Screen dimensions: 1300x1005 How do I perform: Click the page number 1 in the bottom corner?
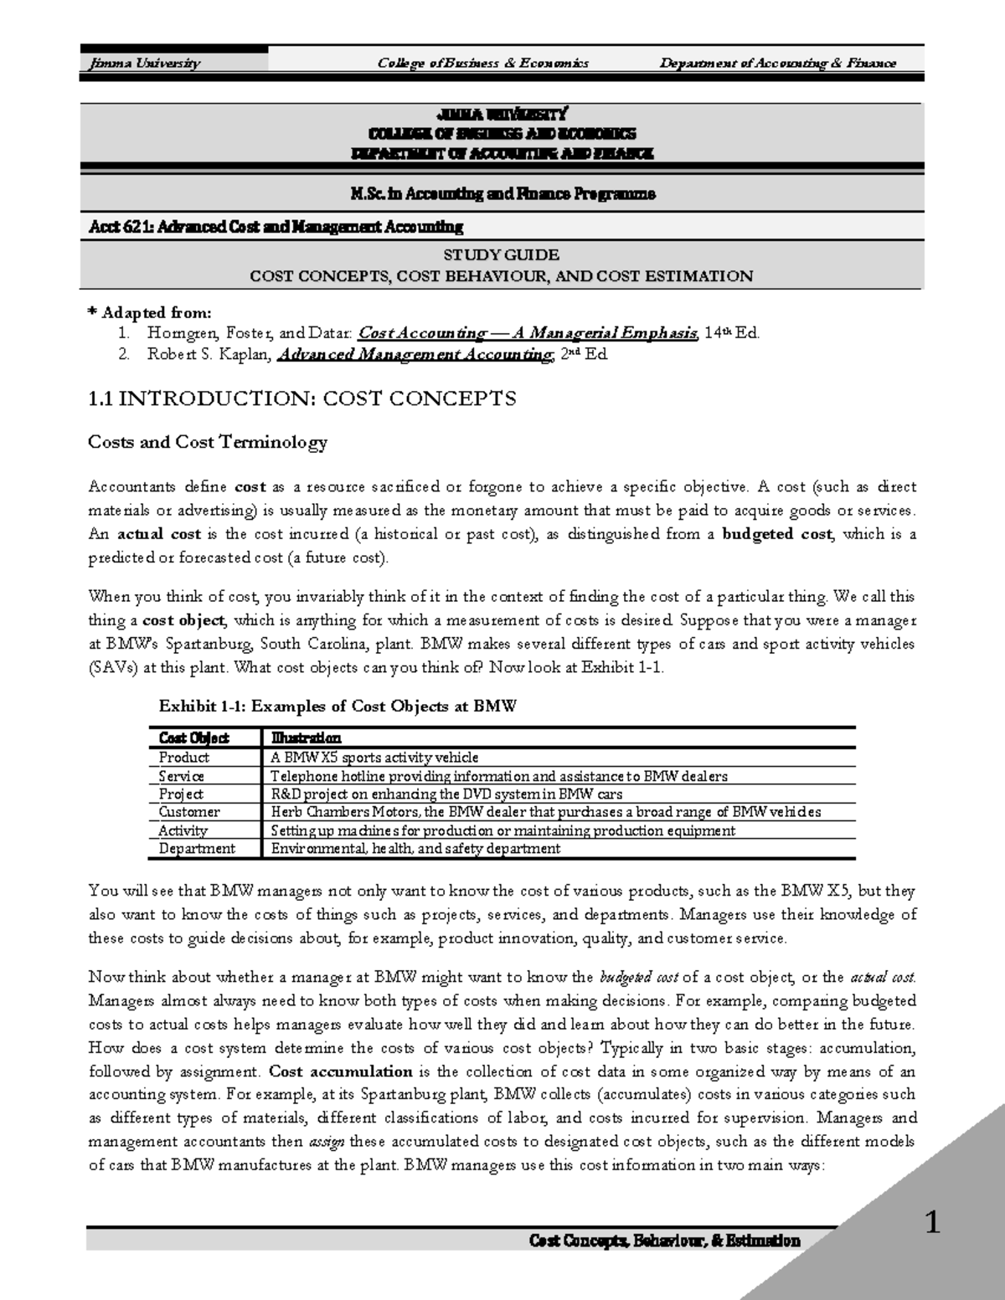[932, 1224]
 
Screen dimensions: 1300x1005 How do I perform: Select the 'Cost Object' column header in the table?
[193, 738]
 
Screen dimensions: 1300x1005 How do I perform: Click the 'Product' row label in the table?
[184, 757]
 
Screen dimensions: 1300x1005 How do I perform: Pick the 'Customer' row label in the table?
[189, 812]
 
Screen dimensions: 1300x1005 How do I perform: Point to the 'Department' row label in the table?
[197, 849]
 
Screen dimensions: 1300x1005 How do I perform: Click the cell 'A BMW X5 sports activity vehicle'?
[374, 757]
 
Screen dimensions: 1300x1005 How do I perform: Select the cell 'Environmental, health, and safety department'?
[415, 849]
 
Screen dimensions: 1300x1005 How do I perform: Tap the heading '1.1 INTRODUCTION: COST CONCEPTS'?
[301, 398]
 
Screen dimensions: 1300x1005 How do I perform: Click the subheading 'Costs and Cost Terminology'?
[207, 442]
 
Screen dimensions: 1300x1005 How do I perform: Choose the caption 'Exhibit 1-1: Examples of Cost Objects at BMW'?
[338, 706]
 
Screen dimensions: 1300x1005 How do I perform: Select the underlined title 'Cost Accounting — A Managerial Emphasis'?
[528, 333]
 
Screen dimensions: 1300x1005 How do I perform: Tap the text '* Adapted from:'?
[150, 313]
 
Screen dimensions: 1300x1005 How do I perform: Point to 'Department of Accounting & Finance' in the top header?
[777, 63]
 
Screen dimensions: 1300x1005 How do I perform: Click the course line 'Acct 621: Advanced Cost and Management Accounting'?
[276, 227]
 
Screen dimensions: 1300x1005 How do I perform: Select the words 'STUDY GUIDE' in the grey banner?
[502, 254]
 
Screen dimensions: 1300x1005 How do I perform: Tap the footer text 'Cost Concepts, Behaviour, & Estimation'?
[665, 1241]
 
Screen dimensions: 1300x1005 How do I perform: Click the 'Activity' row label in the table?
[183, 830]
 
